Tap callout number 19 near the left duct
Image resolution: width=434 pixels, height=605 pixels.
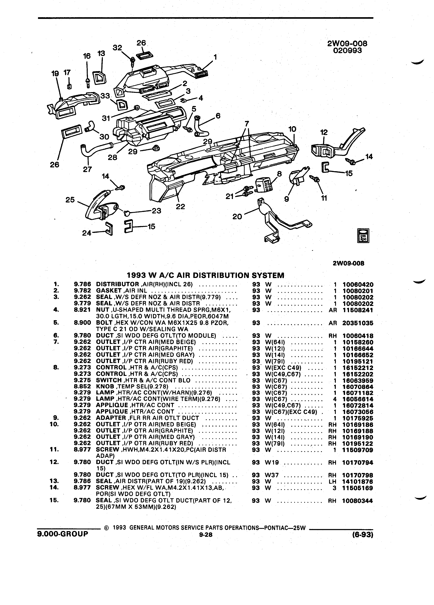pyautogui.click(x=55, y=74)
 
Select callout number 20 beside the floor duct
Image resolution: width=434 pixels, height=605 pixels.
pyautogui.click(x=237, y=217)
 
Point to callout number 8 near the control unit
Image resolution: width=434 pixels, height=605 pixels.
pyautogui.click(x=279, y=174)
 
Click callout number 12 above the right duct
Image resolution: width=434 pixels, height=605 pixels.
pyautogui.click(x=324, y=132)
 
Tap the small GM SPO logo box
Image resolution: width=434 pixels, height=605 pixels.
pyautogui.click(x=363, y=235)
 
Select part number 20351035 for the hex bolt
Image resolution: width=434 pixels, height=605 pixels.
pyautogui.click(x=358, y=323)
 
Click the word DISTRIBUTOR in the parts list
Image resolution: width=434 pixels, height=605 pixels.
pyautogui.click(x=117, y=284)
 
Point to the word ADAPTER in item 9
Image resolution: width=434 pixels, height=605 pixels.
pyautogui.click(x=111, y=418)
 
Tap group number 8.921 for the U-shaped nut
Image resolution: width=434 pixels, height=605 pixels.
pyautogui.click(x=82, y=310)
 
